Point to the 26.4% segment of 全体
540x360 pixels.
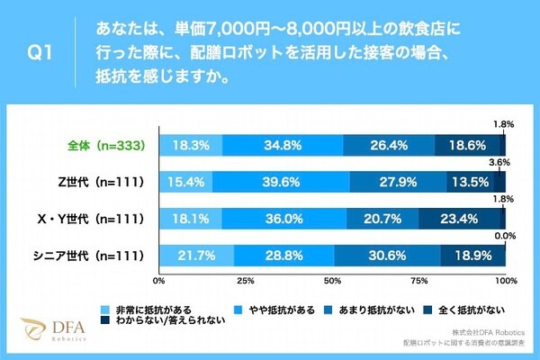point(389,145)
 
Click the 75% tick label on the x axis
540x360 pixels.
point(418,281)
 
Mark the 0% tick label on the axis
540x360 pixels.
point(160,281)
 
